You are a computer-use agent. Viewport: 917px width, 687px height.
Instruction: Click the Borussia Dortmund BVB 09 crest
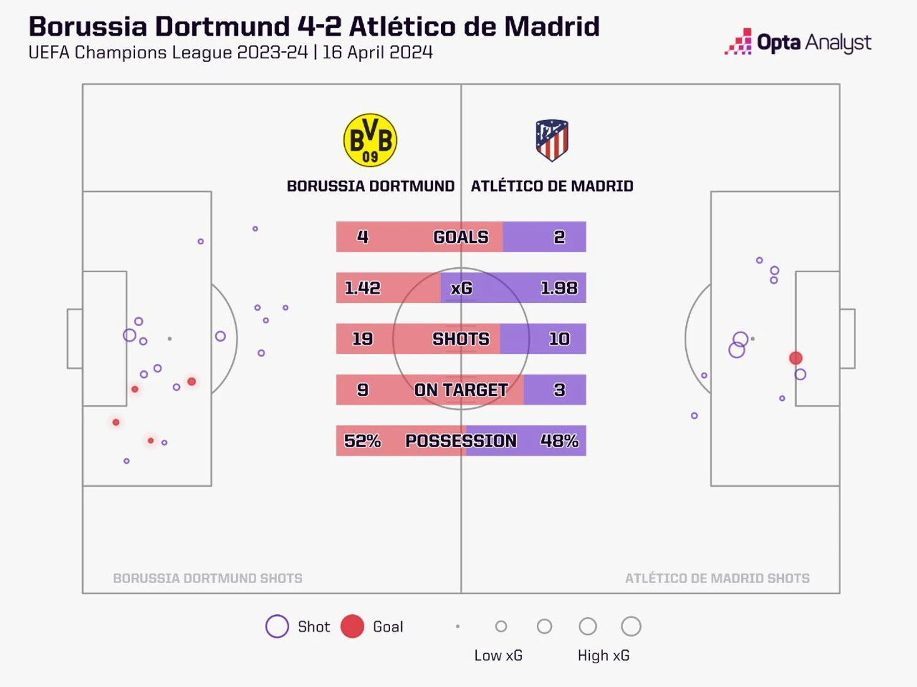pos(370,140)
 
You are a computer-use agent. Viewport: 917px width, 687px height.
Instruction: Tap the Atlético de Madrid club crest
pos(551,140)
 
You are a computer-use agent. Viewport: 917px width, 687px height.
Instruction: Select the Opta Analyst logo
pos(798,43)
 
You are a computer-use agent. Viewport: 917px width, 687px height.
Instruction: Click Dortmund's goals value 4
pos(362,237)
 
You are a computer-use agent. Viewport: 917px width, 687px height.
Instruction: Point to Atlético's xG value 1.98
pos(558,288)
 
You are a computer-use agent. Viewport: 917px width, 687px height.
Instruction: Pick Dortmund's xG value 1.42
pos(362,288)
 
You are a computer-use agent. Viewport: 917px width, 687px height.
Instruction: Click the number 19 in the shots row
pos(362,339)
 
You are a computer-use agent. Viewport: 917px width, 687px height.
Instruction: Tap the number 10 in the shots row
pos(559,339)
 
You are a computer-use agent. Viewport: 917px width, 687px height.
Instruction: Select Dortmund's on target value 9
pos(362,390)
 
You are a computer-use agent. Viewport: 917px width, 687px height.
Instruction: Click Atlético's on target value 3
pos(559,390)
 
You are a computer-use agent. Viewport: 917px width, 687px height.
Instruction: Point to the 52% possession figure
pos(362,440)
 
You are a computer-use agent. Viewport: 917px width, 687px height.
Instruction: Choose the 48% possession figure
pos(559,440)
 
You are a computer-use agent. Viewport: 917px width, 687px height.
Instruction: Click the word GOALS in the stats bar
pos(460,237)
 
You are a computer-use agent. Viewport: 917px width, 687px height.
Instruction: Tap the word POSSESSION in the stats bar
pos(460,440)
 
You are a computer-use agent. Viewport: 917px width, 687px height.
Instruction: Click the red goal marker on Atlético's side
pos(796,358)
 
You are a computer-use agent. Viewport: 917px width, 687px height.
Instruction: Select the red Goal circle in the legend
pos(352,626)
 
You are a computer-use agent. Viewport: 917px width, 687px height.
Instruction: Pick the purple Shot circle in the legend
pos(277,626)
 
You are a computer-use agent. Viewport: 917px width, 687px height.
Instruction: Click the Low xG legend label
pos(498,656)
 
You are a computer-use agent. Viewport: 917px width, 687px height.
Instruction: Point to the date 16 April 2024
pos(377,52)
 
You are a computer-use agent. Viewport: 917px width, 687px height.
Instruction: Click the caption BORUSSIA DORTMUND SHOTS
pos(207,578)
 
